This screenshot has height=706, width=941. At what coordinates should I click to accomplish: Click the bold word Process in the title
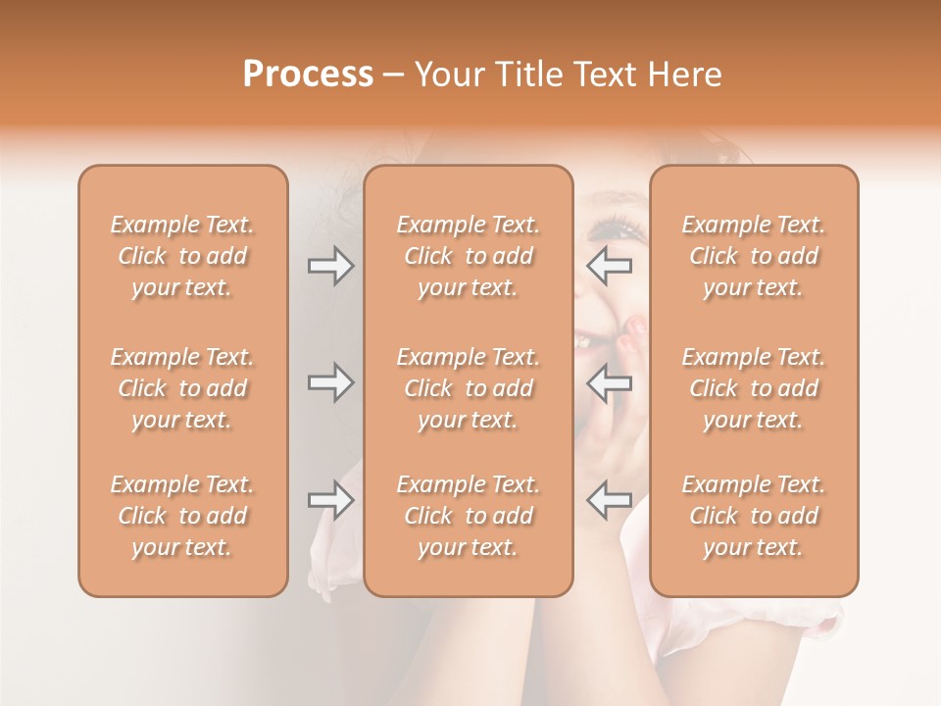(x=308, y=74)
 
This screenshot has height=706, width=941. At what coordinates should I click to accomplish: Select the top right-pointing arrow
(x=330, y=265)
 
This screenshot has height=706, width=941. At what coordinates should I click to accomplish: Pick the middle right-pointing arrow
(x=330, y=382)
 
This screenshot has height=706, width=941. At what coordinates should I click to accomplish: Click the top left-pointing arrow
(x=609, y=265)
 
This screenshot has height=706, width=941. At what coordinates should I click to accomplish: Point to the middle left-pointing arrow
(x=609, y=382)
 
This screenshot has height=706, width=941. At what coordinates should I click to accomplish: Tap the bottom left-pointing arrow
(x=609, y=500)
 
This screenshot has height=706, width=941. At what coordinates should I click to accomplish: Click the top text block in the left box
(x=182, y=256)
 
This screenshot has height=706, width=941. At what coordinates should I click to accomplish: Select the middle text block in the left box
(x=182, y=388)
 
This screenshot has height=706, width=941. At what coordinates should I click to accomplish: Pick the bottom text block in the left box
(x=182, y=516)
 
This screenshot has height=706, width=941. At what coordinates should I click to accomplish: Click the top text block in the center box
(x=469, y=256)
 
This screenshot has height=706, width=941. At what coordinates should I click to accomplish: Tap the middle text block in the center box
(x=469, y=388)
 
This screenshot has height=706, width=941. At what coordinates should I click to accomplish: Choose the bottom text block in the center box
(x=469, y=516)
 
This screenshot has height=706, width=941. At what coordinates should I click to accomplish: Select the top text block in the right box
(x=754, y=256)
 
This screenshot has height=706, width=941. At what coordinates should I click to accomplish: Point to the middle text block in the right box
(x=754, y=388)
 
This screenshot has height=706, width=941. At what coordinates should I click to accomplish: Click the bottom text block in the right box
(x=754, y=516)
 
